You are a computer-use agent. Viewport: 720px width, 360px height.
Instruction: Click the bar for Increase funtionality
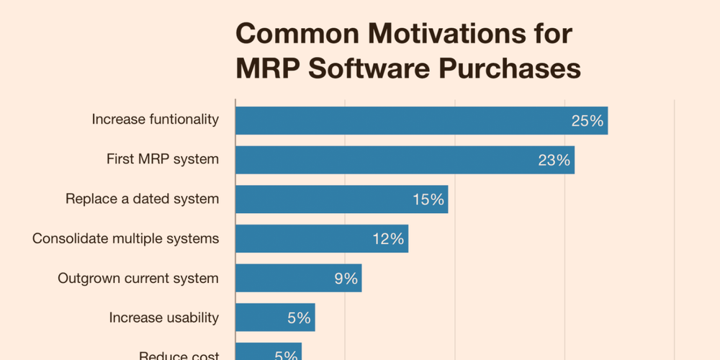pyautogui.click(x=421, y=120)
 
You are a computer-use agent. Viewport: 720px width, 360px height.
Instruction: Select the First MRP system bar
pyautogui.click(x=405, y=160)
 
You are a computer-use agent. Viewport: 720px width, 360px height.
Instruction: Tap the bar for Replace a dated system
pyautogui.click(x=341, y=199)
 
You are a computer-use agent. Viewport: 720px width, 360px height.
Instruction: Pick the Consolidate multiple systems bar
pyautogui.click(x=322, y=239)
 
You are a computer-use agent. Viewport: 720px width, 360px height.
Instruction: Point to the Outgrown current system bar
pyautogui.click(x=298, y=279)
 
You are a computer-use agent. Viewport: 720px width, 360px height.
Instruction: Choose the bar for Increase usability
pyautogui.click(x=275, y=318)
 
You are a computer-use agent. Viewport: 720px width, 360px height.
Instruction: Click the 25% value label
pyautogui.click(x=587, y=121)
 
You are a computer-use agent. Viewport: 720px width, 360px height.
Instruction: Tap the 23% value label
pyautogui.click(x=554, y=160)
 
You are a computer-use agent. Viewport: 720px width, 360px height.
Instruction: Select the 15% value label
pyautogui.click(x=428, y=199)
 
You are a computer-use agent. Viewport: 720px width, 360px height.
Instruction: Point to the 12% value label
pyautogui.click(x=388, y=239)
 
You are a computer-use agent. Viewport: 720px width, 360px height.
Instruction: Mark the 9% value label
pyautogui.click(x=346, y=279)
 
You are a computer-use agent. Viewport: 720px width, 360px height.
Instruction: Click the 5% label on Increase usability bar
pyautogui.click(x=298, y=318)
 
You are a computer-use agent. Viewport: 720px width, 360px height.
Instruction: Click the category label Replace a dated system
pyautogui.click(x=142, y=199)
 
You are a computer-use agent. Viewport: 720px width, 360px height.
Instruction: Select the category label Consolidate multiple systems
pyautogui.click(x=125, y=238)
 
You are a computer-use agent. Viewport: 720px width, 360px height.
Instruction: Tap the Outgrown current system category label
pyautogui.click(x=138, y=278)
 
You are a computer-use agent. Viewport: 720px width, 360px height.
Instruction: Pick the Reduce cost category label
pyautogui.click(x=179, y=354)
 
